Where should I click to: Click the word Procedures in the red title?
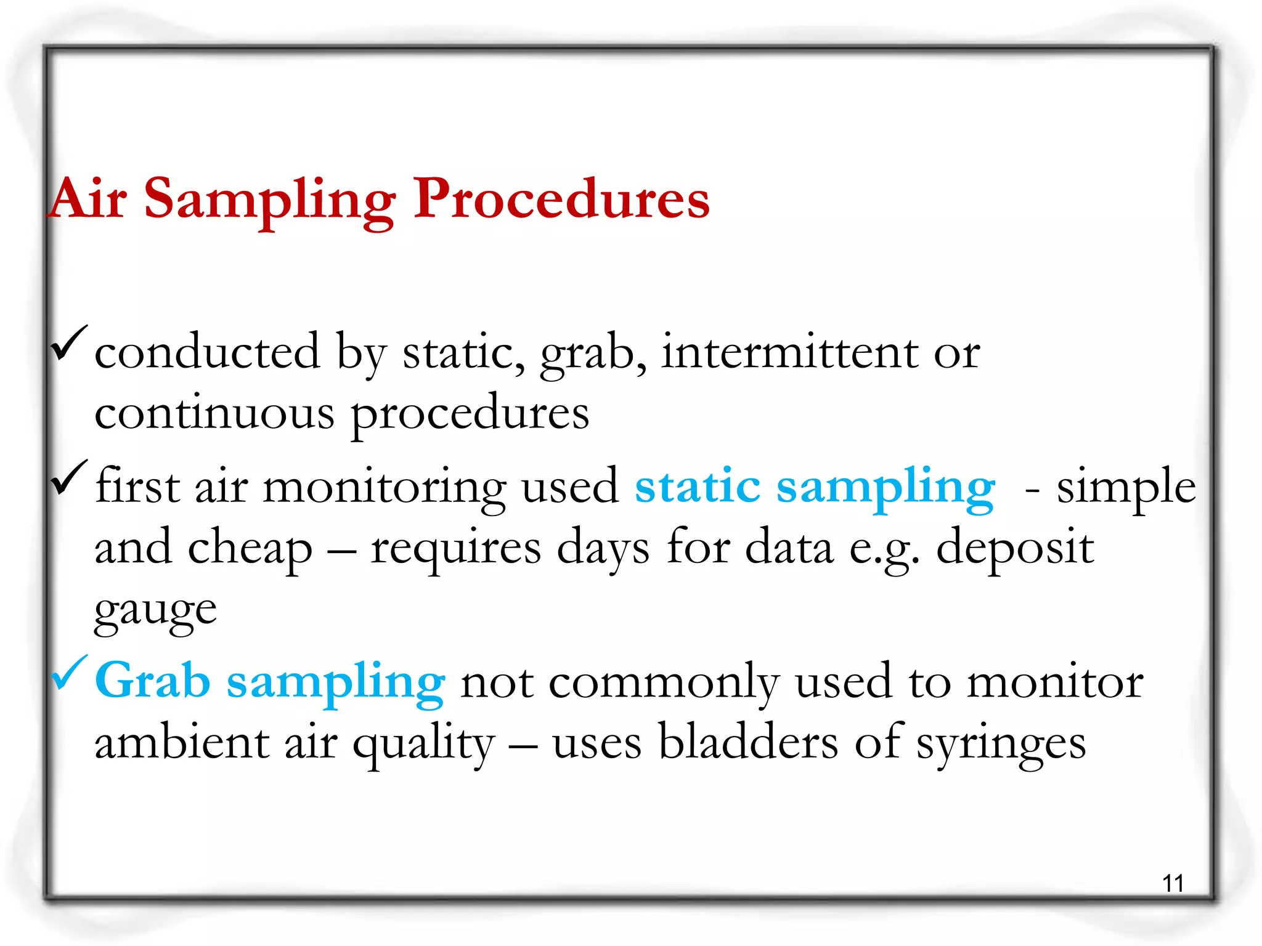[561, 199]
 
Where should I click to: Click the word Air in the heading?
[89, 199]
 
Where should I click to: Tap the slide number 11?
[1173, 883]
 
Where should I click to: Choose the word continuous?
[214, 413]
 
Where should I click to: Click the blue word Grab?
[153, 681]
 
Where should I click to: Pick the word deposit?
[1014, 547]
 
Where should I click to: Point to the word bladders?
[748, 742]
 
